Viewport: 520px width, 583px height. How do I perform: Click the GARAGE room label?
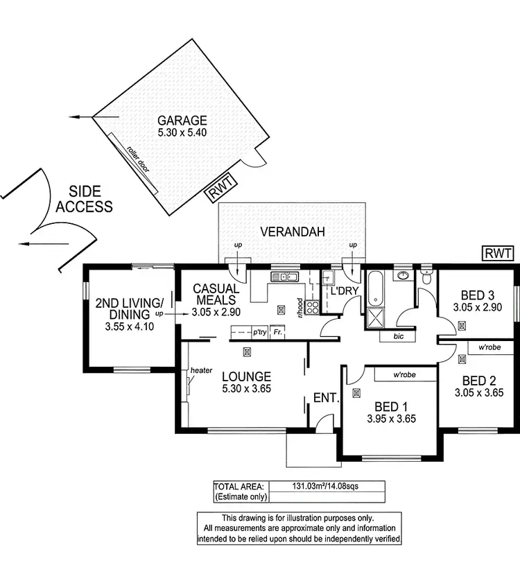182,119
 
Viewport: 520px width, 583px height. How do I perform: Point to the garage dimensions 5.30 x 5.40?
182,132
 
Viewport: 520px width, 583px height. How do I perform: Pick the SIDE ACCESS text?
85,199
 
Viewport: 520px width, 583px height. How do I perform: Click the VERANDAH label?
293,232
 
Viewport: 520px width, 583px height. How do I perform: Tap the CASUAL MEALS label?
216,294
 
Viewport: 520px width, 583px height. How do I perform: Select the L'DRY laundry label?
343,292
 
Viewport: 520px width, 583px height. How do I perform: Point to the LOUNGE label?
246,376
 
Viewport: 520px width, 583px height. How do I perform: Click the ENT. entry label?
325,398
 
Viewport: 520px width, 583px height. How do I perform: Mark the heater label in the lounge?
201,370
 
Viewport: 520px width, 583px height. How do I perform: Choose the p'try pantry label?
259,332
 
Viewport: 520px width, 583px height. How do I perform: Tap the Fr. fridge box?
277,332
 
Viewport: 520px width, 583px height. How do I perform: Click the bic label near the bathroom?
398,336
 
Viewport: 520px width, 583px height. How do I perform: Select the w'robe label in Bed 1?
404,375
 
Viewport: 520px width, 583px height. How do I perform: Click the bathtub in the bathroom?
376,288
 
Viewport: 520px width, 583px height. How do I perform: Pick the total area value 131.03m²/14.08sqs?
329,486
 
